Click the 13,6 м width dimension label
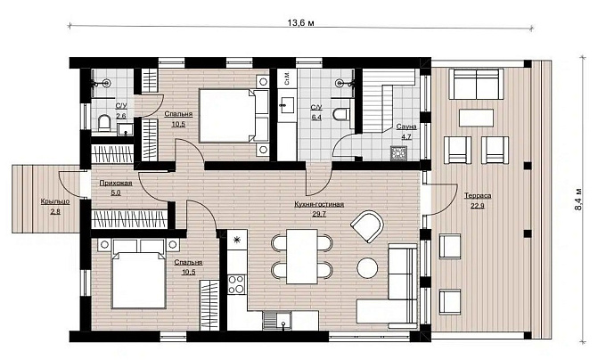(x=300, y=23)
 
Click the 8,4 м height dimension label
(x=578, y=200)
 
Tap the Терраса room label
(x=478, y=196)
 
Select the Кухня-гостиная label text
(x=319, y=204)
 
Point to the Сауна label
(x=406, y=127)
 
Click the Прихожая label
(x=116, y=183)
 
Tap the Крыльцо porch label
(x=55, y=201)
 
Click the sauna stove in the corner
(x=397, y=153)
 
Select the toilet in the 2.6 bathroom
(x=104, y=123)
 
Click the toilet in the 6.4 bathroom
(x=343, y=114)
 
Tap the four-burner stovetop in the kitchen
(x=236, y=284)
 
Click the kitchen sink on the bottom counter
(x=277, y=321)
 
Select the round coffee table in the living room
(x=367, y=267)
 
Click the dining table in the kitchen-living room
(x=302, y=257)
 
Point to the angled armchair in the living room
(x=367, y=226)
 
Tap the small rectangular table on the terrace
(x=476, y=118)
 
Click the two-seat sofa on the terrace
(x=477, y=84)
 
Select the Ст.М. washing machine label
(x=287, y=78)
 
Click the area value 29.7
(x=319, y=214)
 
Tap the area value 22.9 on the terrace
(x=478, y=206)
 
